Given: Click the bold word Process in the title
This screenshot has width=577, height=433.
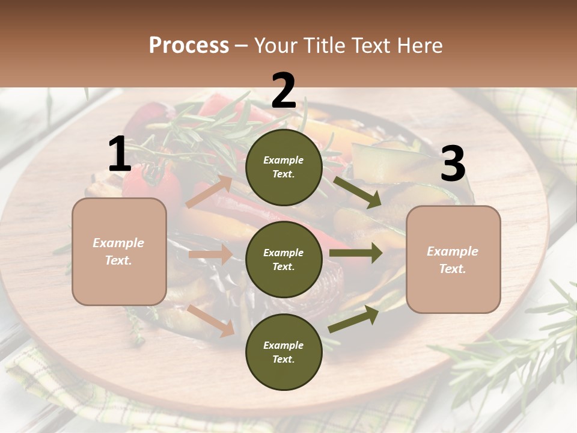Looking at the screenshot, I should (189, 46).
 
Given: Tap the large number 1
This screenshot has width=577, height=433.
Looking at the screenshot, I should (120, 155).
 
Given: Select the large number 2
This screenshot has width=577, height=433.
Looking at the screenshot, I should (284, 91).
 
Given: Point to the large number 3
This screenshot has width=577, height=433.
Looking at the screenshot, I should (453, 164).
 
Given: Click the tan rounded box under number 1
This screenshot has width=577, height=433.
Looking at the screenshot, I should (119, 251).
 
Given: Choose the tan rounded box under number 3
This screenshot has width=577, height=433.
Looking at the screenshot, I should (453, 259).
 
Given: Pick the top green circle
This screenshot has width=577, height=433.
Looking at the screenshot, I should (284, 167).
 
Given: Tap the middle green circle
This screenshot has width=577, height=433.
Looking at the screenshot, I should (284, 259).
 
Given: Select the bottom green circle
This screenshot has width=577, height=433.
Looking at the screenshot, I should (284, 352).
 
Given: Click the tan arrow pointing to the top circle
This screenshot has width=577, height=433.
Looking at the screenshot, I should (209, 191).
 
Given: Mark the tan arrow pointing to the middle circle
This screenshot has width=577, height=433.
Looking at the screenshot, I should (210, 254).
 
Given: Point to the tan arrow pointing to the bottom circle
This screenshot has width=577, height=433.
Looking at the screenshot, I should (211, 320).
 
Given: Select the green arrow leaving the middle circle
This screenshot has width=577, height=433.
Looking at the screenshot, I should (356, 253).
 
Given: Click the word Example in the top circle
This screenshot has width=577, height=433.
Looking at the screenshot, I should (284, 160).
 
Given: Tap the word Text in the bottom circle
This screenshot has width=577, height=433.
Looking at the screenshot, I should (282, 359).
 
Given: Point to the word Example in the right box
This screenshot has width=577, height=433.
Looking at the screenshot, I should (453, 251).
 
